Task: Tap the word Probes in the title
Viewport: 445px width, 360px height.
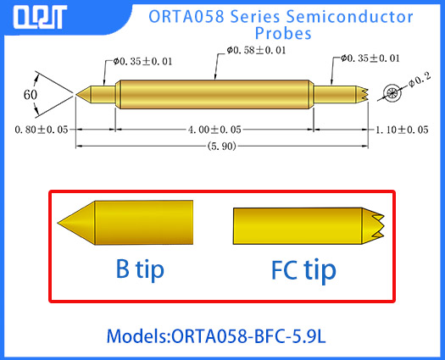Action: point(283,35)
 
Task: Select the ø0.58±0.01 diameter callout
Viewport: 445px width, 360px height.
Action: point(256,50)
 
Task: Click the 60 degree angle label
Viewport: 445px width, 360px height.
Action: point(31,95)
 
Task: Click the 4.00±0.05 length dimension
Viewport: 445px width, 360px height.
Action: point(212,129)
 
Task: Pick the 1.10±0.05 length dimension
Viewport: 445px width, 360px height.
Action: point(400,129)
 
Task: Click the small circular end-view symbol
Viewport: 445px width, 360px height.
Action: point(392,91)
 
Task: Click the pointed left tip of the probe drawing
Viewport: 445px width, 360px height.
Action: point(81,92)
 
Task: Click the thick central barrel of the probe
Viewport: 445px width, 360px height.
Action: point(212,92)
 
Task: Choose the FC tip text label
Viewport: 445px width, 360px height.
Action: point(303,270)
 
